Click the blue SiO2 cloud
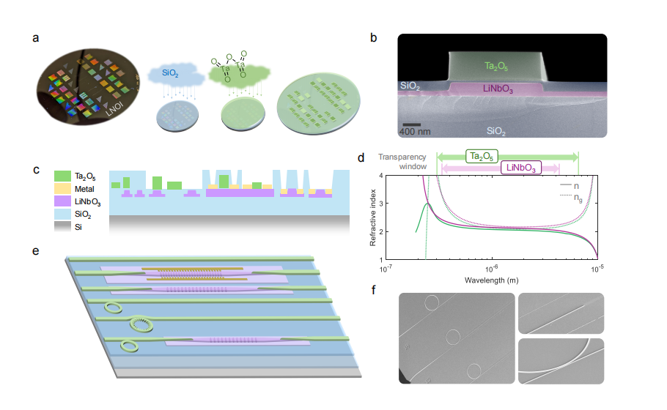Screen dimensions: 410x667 point(170,75)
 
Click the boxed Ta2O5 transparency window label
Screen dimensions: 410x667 point(481,155)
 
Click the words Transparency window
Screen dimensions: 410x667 point(402,162)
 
